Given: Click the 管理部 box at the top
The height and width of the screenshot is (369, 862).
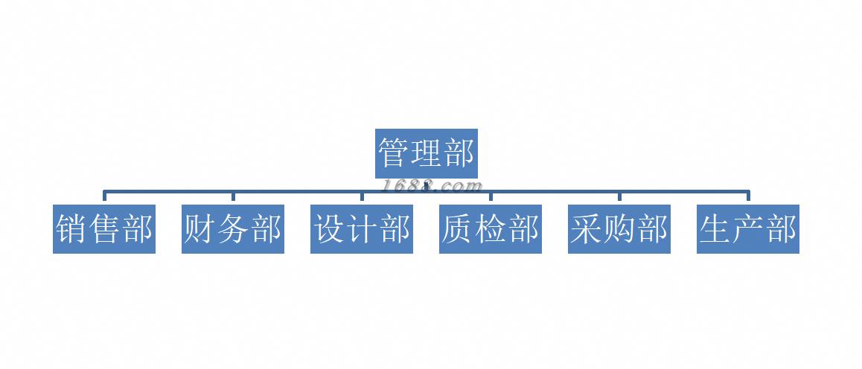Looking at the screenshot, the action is pyautogui.click(x=426, y=154).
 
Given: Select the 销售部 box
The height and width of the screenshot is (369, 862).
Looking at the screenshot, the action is pyautogui.click(x=104, y=229).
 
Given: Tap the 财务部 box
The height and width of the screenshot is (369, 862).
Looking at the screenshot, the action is pyautogui.click(x=233, y=229).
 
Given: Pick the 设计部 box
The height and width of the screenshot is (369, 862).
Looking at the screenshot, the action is pyautogui.click(x=362, y=229).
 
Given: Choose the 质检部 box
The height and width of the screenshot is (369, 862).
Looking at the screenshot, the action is pyautogui.click(x=491, y=229).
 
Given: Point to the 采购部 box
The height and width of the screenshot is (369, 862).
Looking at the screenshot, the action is pyautogui.click(x=619, y=229).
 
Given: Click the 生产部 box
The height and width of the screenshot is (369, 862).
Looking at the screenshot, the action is pyautogui.click(x=748, y=229).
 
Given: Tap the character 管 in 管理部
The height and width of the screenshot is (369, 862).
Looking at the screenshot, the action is pyautogui.click(x=394, y=154).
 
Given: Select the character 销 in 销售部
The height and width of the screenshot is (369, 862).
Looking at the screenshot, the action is pyautogui.click(x=72, y=229).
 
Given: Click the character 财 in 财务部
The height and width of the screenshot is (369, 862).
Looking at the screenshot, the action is pyautogui.click(x=200, y=229).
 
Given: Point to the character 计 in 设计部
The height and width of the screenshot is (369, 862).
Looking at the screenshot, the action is pyautogui.click(x=362, y=229).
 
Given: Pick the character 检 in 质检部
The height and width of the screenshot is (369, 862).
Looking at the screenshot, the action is pyautogui.click(x=491, y=229).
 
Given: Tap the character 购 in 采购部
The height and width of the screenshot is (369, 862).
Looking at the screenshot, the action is pyautogui.click(x=619, y=229).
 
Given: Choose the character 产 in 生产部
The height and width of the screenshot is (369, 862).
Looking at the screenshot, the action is pyautogui.click(x=748, y=229).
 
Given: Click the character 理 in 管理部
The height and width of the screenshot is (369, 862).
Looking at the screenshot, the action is pyautogui.click(x=426, y=154).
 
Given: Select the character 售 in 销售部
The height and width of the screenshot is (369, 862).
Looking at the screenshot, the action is pyautogui.click(x=104, y=229).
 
